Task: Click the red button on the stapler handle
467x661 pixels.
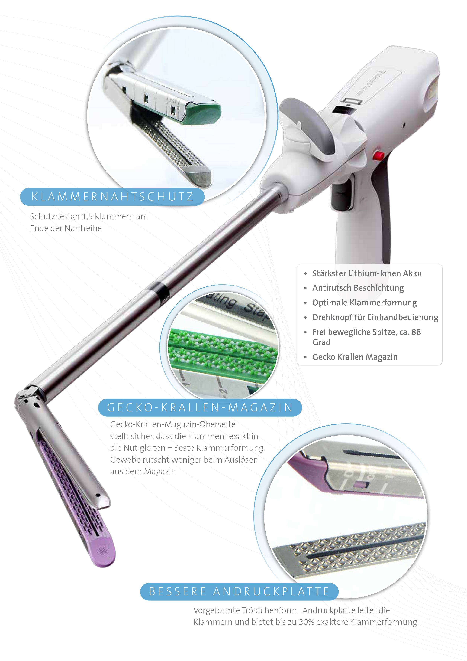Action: [x=379, y=155]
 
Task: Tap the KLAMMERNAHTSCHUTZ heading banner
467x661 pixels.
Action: [x=112, y=197]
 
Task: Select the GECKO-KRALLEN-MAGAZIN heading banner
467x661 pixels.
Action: [x=200, y=407]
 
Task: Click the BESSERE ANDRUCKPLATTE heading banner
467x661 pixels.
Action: [x=239, y=592]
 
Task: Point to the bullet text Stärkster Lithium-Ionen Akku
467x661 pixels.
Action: [x=367, y=273]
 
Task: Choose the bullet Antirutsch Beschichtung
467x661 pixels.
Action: [x=358, y=288]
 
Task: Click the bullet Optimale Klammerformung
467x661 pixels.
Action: [x=364, y=303]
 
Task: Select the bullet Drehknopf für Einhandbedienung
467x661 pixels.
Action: [x=375, y=317]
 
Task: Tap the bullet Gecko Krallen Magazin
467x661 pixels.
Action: [x=355, y=357]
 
